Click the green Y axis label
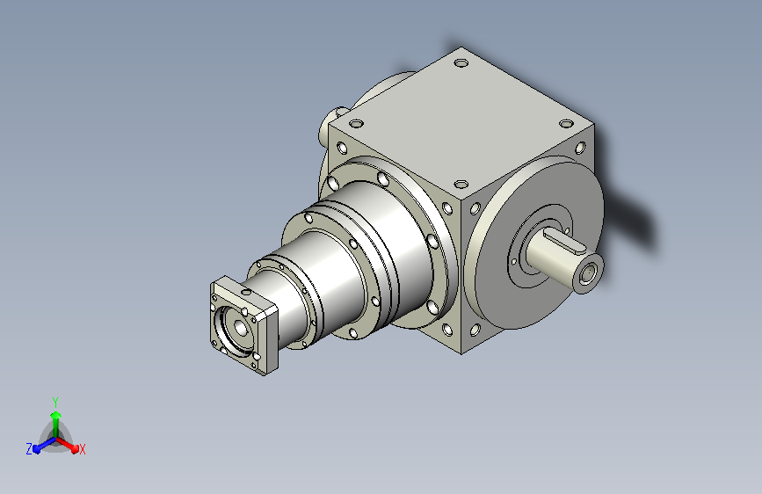click(54, 402)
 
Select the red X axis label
click(82, 449)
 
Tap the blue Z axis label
click(29, 449)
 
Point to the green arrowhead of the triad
click(55, 416)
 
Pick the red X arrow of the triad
click(67, 445)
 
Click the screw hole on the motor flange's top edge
click(246, 292)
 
